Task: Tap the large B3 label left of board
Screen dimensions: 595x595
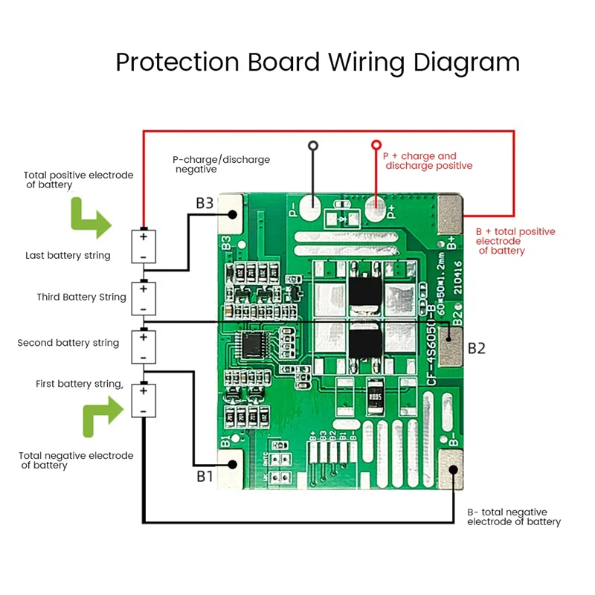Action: pyautogui.click(x=205, y=202)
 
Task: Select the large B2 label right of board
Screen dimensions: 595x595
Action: pyautogui.click(x=476, y=347)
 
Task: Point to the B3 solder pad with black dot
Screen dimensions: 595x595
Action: pyautogui.click(x=232, y=214)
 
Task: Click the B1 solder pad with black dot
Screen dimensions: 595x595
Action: pyautogui.click(x=232, y=463)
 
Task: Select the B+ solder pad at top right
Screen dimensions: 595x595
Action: pyautogui.click(x=451, y=213)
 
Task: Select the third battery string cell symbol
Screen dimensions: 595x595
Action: pyautogui.click(x=143, y=297)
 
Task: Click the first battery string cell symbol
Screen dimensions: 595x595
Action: pyautogui.click(x=143, y=400)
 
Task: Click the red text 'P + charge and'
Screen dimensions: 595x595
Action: pyautogui.click(x=419, y=156)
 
